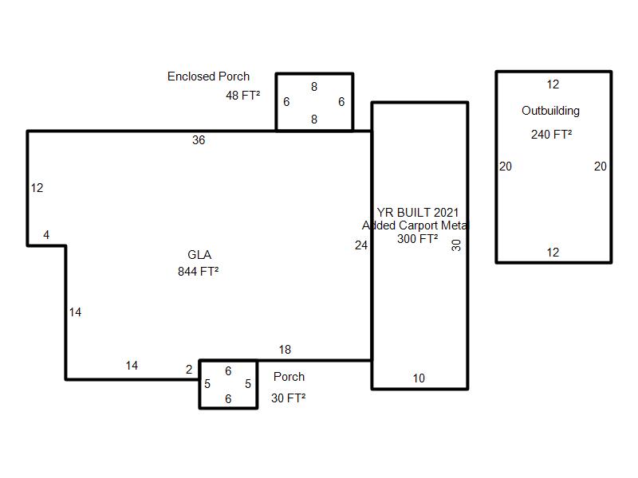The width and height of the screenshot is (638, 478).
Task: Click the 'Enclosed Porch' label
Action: click(x=208, y=76)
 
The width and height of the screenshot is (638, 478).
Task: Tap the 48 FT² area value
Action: click(x=242, y=96)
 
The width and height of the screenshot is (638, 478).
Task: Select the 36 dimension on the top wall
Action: click(x=199, y=140)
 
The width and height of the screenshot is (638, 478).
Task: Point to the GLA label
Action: click(x=199, y=255)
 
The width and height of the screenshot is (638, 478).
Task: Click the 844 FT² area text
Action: click(x=199, y=272)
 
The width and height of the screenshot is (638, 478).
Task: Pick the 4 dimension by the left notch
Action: click(x=46, y=235)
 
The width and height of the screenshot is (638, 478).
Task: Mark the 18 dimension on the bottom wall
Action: click(x=285, y=350)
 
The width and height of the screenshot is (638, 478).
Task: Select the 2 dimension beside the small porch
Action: click(x=189, y=370)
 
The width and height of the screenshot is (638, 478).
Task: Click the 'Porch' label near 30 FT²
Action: click(x=289, y=377)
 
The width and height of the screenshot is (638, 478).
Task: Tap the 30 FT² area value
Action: click(x=288, y=398)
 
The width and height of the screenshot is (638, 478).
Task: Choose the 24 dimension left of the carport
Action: click(x=361, y=245)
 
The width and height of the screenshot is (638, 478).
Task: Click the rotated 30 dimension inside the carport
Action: click(x=457, y=245)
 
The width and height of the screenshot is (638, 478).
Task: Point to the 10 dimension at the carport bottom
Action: click(x=419, y=378)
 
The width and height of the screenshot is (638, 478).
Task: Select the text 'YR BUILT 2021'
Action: click(x=418, y=213)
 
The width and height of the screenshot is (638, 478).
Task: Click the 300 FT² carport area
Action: click(x=418, y=239)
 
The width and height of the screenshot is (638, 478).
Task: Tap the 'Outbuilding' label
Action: click(x=550, y=111)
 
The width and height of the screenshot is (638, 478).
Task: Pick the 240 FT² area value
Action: click(x=551, y=135)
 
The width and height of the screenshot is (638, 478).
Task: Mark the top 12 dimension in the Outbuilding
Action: click(x=553, y=84)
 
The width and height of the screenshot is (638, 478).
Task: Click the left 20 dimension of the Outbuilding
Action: click(x=506, y=167)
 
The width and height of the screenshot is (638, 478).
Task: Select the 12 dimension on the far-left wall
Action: click(x=37, y=188)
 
